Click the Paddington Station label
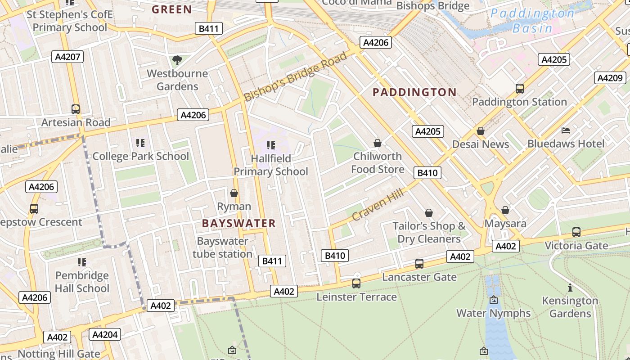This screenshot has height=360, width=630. [519, 102]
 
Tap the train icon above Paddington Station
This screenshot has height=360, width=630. [520, 88]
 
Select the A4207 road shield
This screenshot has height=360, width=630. [68, 57]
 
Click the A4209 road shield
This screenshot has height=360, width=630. [610, 78]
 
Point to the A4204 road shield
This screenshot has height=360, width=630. [105, 334]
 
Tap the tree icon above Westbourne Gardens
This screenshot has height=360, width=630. [177, 60]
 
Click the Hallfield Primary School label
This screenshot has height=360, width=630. [271, 165]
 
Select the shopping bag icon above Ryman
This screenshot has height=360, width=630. [234, 193]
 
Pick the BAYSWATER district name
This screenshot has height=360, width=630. [238, 223]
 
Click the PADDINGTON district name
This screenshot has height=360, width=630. [414, 92]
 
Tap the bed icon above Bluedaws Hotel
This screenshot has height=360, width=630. [566, 130]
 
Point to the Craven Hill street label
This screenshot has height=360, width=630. [377, 204]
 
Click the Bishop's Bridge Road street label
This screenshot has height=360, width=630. [296, 76]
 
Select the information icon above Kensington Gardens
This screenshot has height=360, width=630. [570, 288]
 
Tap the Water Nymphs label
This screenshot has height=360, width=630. [493, 313]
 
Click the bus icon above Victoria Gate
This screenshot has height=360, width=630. [576, 232]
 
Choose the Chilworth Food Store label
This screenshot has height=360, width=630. [378, 162]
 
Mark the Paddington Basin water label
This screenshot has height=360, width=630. [532, 21]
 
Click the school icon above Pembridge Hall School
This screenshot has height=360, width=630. [82, 262]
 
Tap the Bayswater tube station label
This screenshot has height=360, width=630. [222, 247]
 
